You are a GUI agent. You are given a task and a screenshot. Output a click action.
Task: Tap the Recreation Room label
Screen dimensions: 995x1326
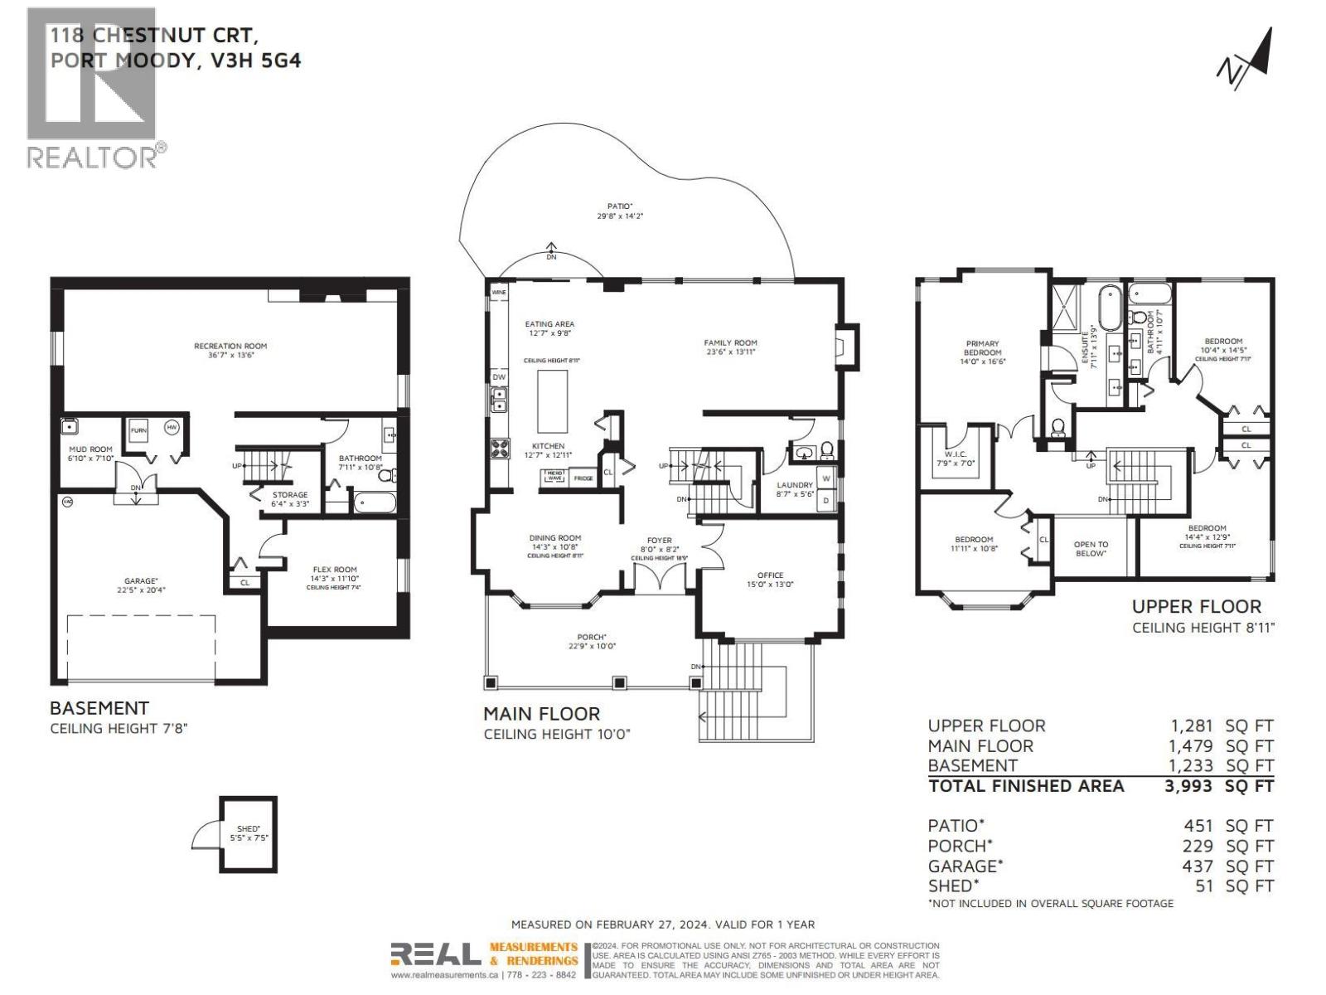pos(230,347)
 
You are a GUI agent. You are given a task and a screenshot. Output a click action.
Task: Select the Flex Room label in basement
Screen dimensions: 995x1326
pos(334,570)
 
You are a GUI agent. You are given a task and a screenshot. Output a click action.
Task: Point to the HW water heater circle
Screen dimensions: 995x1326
pos(172,428)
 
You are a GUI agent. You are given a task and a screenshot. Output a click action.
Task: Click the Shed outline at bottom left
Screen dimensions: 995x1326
pos(248,834)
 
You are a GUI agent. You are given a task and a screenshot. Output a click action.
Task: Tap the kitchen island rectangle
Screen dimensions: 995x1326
pos(552,401)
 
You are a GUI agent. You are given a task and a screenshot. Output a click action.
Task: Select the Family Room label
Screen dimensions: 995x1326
pos(730,342)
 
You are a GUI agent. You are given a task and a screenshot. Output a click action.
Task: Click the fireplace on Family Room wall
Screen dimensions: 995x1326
pos(845,344)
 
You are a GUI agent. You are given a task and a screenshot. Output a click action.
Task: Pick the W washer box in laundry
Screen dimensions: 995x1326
pos(826,478)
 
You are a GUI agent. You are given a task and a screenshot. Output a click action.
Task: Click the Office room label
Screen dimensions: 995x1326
pos(769,575)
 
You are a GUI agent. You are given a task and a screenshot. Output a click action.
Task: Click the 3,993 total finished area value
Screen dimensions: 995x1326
pos(1188,786)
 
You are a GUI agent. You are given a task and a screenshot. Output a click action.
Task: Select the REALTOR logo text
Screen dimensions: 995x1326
pos(92,157)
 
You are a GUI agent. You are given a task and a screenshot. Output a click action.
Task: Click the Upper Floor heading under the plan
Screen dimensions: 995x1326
pos(1196,607)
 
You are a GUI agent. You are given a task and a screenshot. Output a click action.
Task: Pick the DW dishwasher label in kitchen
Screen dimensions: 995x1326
pos(499,377)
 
